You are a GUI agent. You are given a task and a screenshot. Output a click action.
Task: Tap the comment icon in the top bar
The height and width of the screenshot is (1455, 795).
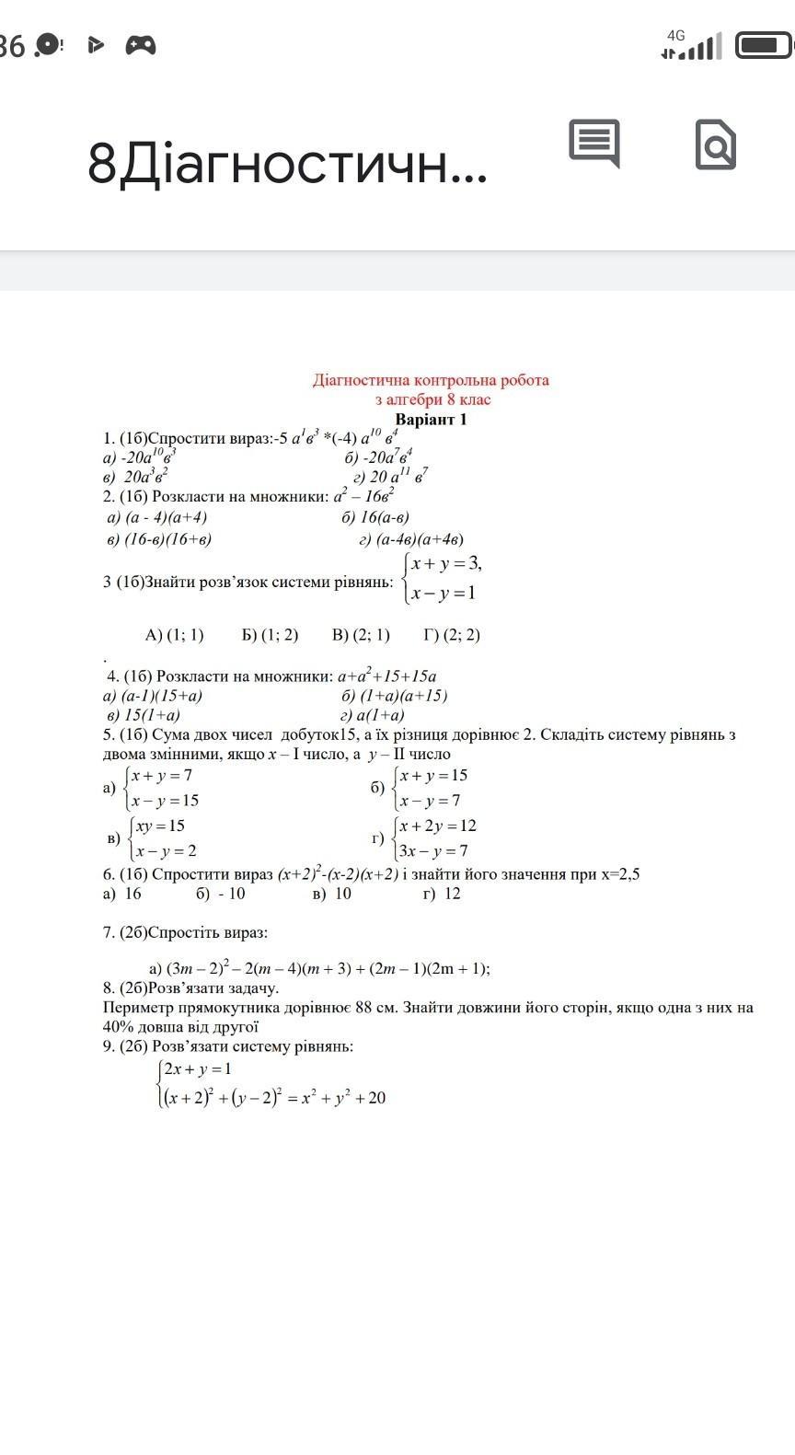point(594,143)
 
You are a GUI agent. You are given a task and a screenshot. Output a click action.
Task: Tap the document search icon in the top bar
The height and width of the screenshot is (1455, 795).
point(715,144)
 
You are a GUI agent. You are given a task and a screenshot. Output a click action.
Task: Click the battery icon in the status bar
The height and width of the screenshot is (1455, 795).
point(764,44)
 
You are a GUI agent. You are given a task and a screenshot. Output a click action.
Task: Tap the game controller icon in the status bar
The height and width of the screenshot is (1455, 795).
point(141,44)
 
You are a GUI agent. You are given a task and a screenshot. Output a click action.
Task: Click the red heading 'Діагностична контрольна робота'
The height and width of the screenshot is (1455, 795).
point(431,380)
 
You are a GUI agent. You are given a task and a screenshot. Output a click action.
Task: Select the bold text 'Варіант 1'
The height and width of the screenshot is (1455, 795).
point(432,420)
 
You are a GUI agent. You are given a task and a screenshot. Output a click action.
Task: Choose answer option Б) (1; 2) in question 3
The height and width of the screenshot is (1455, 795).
point(270,635)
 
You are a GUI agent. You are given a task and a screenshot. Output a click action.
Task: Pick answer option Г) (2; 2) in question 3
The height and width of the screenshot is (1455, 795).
point(452,635)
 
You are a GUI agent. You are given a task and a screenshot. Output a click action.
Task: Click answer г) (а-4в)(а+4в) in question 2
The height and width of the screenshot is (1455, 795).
point(411,539)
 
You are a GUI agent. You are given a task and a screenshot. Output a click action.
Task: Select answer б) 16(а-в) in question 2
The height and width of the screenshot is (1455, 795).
point(375,517)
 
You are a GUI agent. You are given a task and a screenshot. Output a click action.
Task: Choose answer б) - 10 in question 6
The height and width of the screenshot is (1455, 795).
point(220,894)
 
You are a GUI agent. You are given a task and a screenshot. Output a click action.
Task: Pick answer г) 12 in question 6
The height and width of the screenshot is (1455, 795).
point(442,894)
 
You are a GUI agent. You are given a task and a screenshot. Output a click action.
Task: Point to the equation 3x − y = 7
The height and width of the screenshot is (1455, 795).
point(433,851)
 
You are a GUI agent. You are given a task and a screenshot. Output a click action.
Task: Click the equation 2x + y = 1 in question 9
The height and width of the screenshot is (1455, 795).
point(198,1069)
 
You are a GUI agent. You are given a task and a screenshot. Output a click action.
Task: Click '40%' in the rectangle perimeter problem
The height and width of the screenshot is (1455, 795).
point(119,1027)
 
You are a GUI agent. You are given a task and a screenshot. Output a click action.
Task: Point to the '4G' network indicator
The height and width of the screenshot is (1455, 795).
point(676,35)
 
